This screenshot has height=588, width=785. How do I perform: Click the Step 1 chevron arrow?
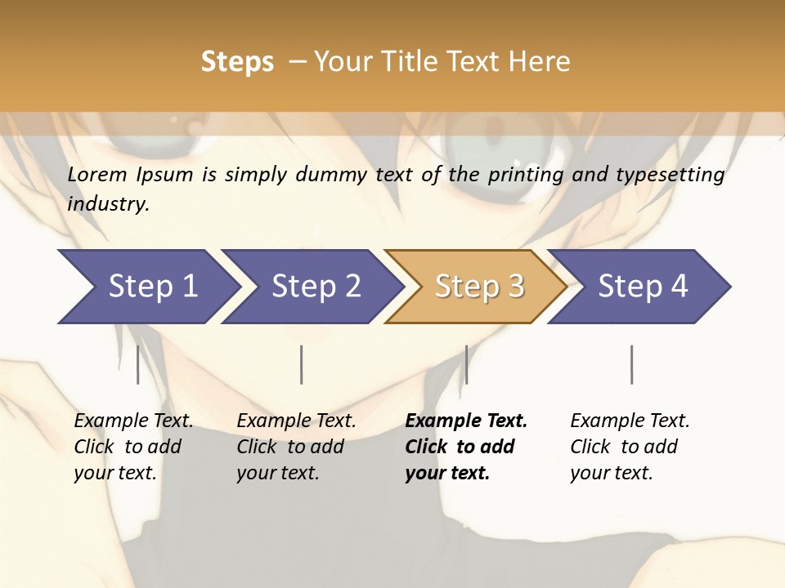pos(147,287)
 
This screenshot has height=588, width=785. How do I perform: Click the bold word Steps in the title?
pos(237,62)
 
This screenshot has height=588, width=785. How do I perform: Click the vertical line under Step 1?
pos(137,364)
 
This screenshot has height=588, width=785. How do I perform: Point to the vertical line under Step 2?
pos(302,364)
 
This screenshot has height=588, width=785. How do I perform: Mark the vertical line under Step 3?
pos(466,364)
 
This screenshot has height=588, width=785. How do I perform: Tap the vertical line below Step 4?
pos(631,364)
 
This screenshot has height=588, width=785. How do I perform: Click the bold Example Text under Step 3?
pos(466,421)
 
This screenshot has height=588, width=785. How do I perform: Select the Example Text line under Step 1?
pos(133,421)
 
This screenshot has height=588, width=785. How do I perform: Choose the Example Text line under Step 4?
pos(630,421)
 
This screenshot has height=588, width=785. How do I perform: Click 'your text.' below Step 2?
pos(277,473)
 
